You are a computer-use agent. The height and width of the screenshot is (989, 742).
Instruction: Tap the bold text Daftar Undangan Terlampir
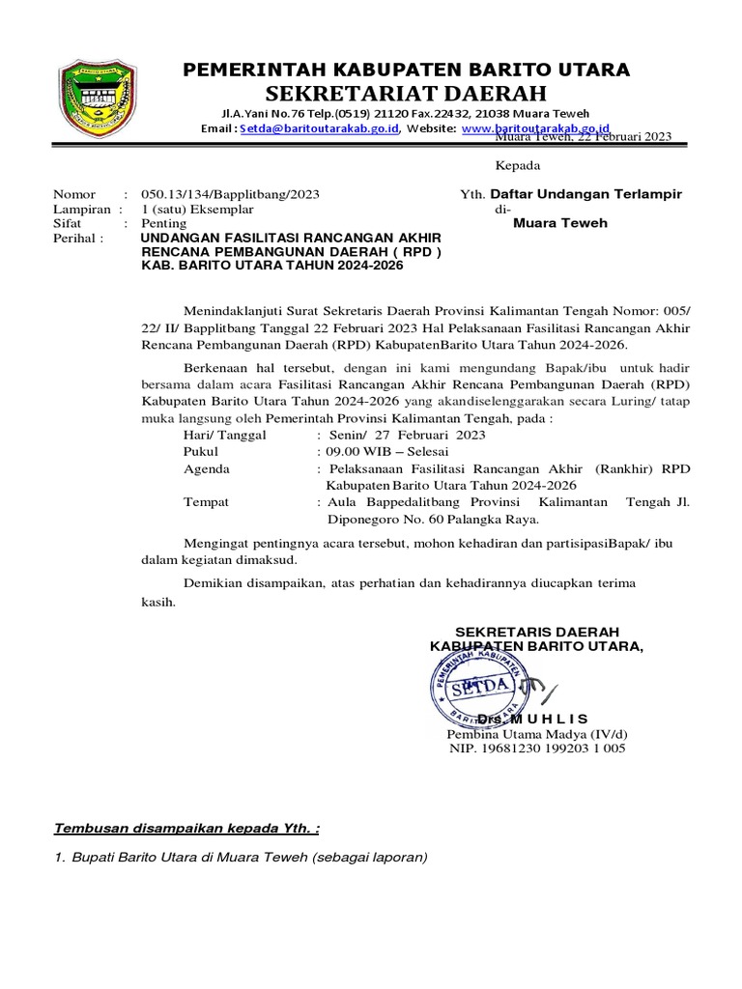(x=586, y=194)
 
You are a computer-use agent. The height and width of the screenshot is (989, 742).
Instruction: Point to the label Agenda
(x=207, y=468)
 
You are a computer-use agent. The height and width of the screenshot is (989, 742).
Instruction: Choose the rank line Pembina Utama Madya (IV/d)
(x=535, y=734)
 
